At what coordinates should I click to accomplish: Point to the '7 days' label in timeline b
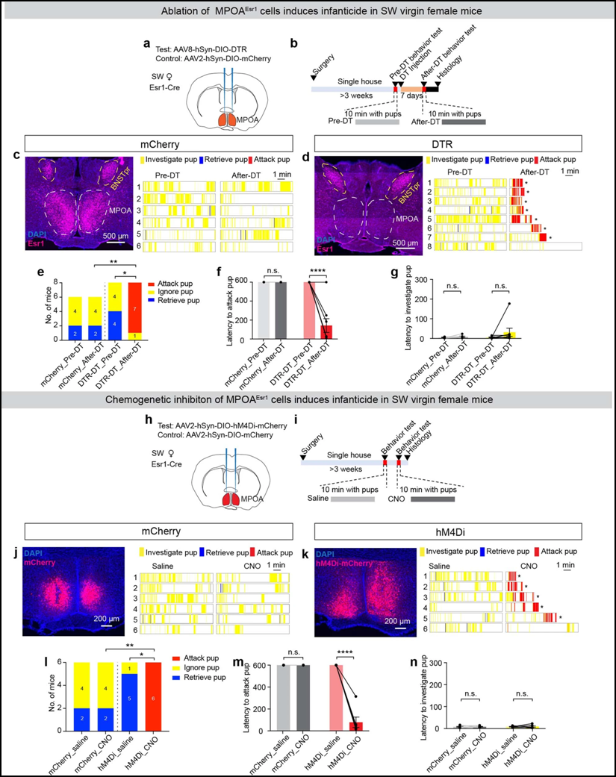[x=411, y=96]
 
